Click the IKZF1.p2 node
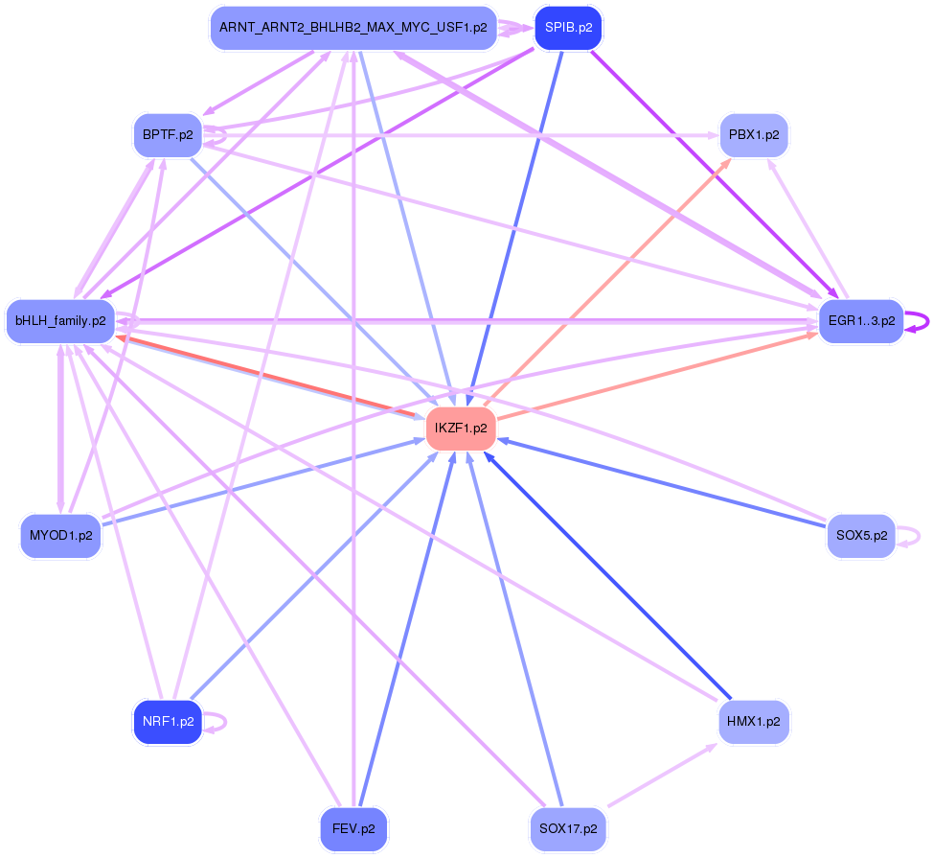click(x=460, y=428)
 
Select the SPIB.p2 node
click(x=568, y=28)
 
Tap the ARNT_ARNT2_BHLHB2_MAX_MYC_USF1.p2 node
click(x=353, y=28)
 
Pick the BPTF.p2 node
click(x=168, y=135)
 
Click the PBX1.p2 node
click(x=753, y=135)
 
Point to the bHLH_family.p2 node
click(x=60, y=320)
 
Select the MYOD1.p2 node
click(x=60, y=535)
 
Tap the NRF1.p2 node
click(x=168, y=722)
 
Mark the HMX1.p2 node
click(x=753, y=721)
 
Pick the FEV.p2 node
click(x=353, y=828)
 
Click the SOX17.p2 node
click(x=568, y=828)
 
